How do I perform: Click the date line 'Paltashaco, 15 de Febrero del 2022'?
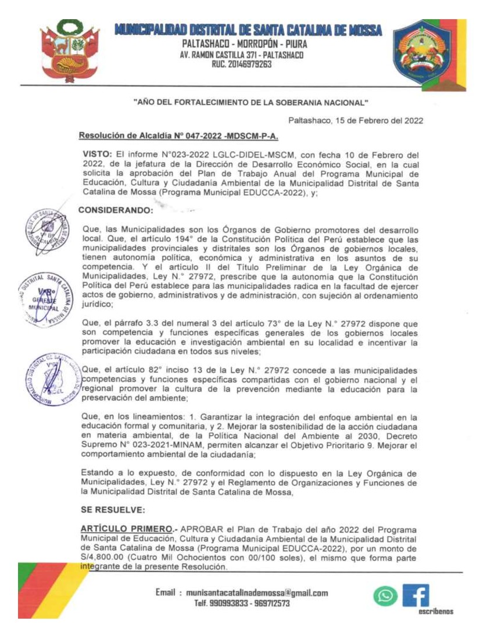(356, 121)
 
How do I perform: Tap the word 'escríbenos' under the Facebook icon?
(435, 612)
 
